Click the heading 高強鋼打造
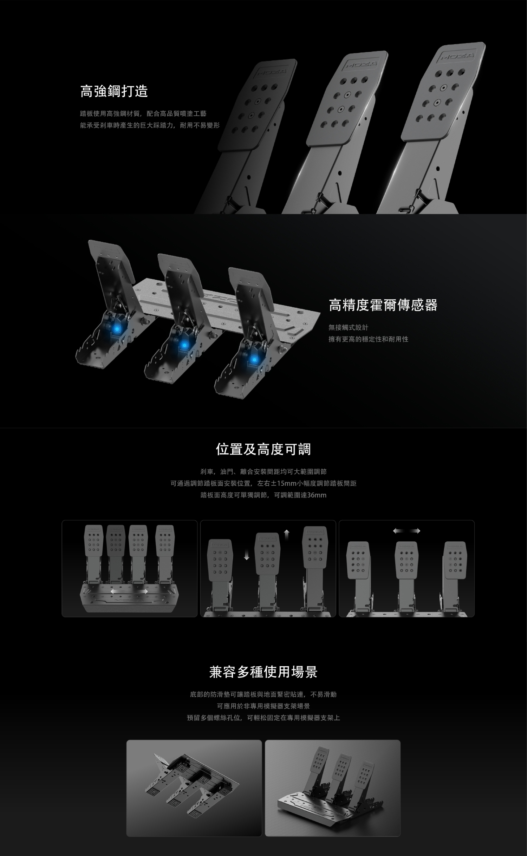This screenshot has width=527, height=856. (114, 91)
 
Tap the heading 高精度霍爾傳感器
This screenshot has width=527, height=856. (383, 305)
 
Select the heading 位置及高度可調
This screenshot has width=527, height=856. (263, 449)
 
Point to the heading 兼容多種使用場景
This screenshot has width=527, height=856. (263, 672)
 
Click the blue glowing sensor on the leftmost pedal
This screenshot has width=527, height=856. (116, 329)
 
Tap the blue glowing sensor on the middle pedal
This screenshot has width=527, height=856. (183, 345)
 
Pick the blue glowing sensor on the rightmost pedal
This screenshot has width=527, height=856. (254, 359)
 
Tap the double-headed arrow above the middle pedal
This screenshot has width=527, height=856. (407, 531)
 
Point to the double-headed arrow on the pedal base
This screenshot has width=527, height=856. (129, 592)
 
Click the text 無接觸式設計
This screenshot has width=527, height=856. (349, 328)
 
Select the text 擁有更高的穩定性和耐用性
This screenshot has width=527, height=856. (369, 339)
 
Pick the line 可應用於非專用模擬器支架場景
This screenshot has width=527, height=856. (263, 706)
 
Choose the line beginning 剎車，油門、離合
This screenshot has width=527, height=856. (263, 471)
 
